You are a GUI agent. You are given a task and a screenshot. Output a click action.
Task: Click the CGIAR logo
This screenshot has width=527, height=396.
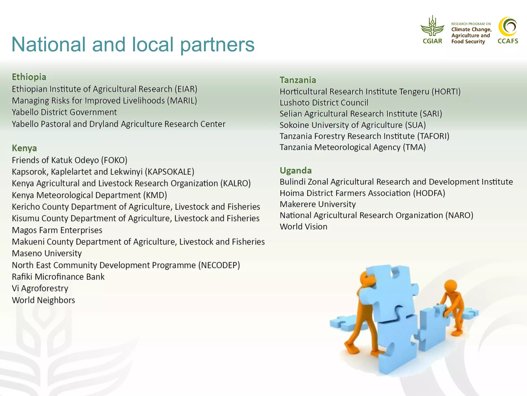coord(432,30)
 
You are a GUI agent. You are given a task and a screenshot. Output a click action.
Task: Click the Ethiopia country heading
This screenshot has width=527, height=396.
coord(29,77)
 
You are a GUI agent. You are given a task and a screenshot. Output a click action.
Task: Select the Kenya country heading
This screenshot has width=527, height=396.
coord(24,148)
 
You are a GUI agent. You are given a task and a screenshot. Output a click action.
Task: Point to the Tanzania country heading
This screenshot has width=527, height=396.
coord(298,80)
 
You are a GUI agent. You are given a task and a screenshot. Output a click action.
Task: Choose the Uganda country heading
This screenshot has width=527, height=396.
coord(296,170)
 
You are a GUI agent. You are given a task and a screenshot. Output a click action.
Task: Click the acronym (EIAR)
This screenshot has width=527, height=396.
coord(186,89)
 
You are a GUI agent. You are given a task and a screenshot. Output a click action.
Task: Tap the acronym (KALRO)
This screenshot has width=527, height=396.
coord(235,183)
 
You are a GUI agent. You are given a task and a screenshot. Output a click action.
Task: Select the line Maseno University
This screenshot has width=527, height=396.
coord(47,253)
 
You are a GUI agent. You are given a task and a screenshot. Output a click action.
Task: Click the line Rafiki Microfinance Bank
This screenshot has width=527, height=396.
coord(58,277)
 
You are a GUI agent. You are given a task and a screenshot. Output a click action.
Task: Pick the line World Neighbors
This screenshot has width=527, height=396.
coord(43,300)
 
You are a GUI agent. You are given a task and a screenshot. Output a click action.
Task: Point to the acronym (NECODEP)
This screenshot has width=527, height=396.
coord(219,265)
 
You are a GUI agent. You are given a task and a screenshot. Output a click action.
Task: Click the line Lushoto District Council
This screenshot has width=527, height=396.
coord(324,103)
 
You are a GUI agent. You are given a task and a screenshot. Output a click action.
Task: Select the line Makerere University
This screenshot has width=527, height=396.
coord(318,204)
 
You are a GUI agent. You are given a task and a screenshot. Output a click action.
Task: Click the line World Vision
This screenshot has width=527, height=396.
coord(304,227)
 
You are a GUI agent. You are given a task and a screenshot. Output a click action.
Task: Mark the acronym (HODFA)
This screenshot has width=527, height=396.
coord(429,193)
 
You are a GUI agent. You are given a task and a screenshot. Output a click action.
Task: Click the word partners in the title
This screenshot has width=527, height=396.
coord(217,44)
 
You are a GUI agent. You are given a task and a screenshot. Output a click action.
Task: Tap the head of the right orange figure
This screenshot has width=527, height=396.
coord(450,287)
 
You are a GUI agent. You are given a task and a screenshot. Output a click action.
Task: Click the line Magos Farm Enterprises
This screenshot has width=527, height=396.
coord(57,230)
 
